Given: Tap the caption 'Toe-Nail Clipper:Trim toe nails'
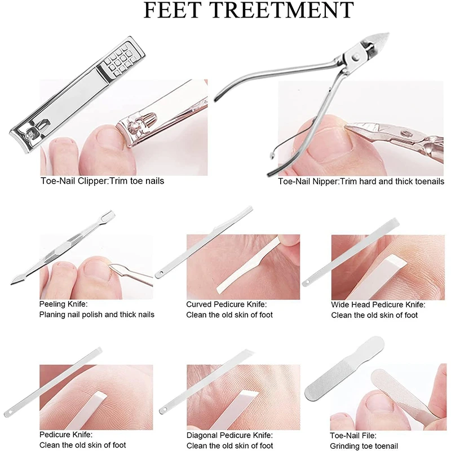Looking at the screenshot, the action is coord(102,181).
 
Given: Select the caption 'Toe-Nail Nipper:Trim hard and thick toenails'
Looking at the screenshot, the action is coord(361,182).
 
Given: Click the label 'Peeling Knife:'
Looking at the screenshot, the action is coord(63,304).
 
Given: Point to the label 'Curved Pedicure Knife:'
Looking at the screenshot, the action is coord(227,304).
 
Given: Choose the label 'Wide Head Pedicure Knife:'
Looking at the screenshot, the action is coord(378,304).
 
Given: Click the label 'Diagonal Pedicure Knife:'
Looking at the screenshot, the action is coord(229,435).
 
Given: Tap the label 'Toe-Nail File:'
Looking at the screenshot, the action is coord(353,435).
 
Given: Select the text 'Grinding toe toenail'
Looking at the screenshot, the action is coord(364,446).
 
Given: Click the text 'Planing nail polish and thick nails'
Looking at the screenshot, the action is coord(96,315).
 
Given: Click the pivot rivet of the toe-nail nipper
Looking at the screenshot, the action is coord(356,58).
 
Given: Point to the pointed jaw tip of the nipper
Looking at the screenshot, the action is coord(388,34).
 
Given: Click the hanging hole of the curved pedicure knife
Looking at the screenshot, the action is coord(161,273).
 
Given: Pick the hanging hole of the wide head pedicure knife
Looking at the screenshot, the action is coord(307,282).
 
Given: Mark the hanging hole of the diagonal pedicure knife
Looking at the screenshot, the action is coord(165,409).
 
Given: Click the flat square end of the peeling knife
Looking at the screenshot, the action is coord(109,215).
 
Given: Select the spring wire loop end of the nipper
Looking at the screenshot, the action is coord(272,156).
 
